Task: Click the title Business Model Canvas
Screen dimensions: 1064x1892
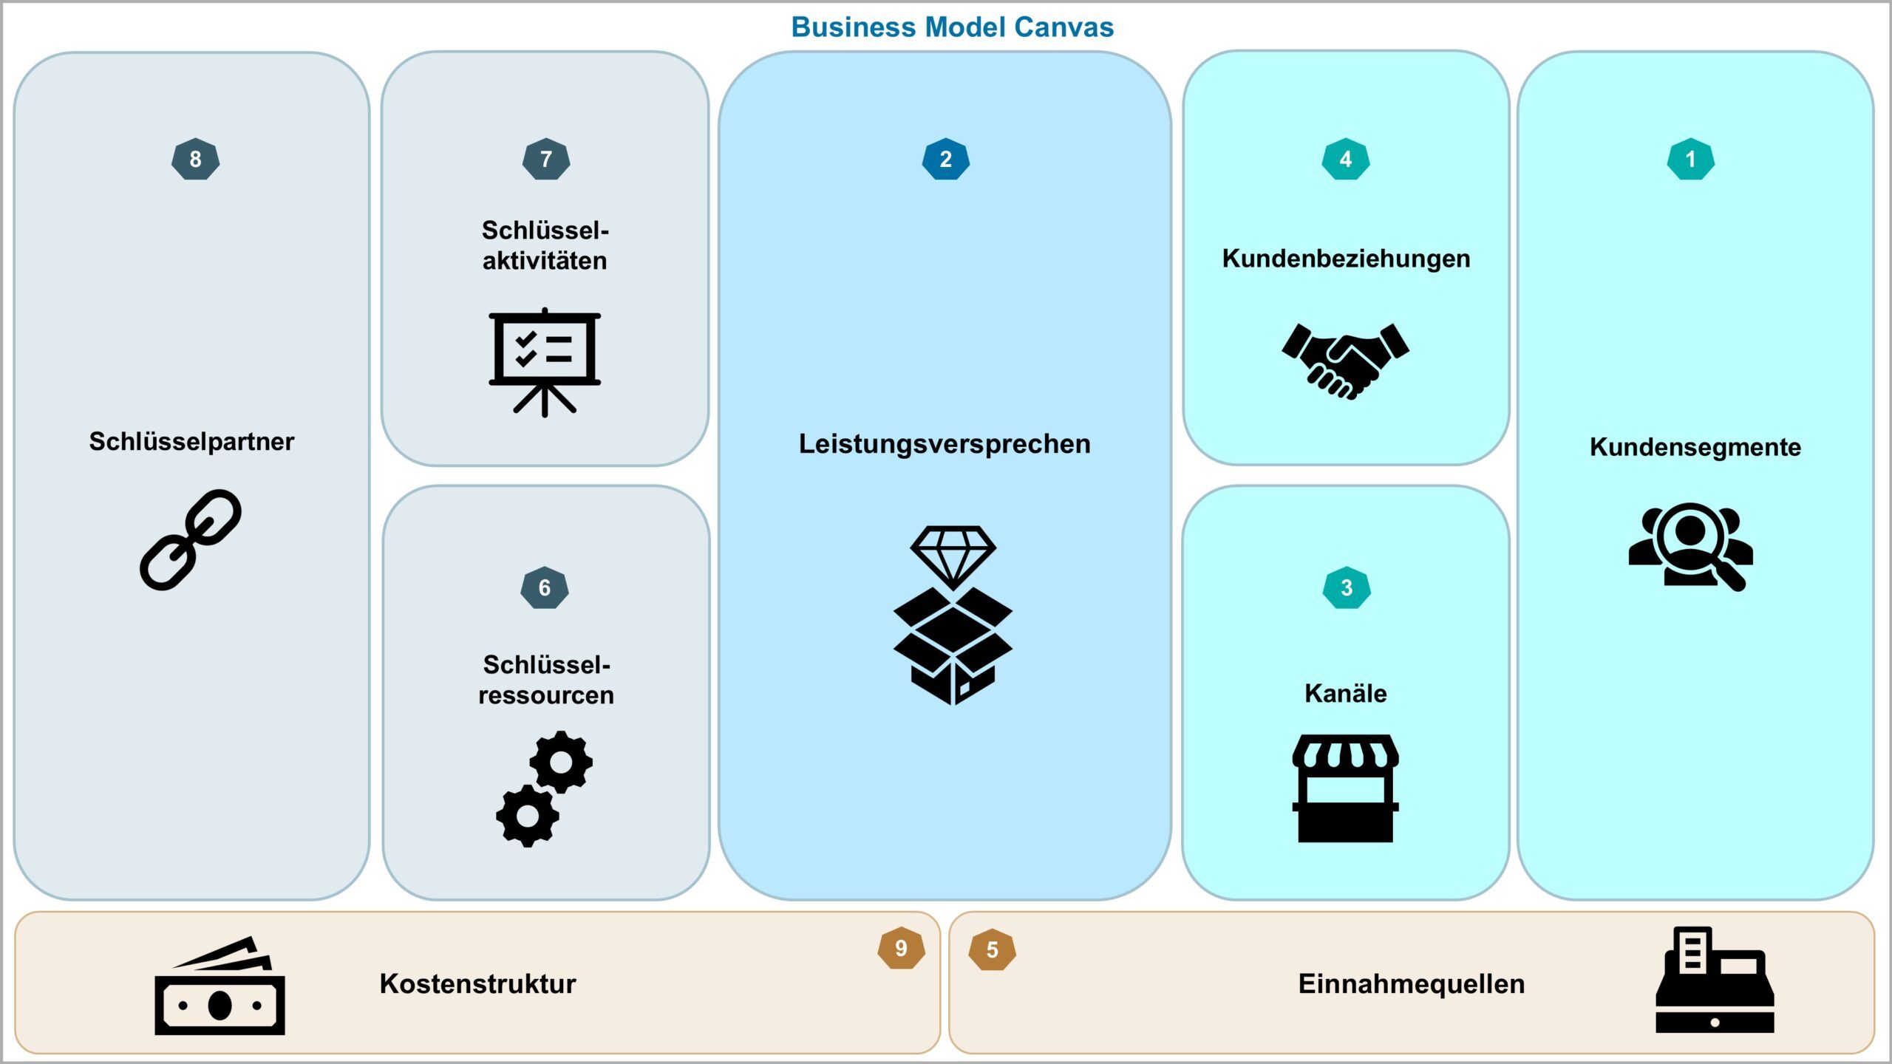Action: click(952, 27)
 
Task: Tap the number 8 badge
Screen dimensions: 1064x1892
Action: click(195, 159)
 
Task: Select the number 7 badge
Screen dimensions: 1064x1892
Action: click(546, 159)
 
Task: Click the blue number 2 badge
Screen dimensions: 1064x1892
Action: click(945, 159)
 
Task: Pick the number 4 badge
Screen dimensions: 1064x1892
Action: click(1345, 159)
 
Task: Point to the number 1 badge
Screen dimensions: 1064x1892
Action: click(1690, 159)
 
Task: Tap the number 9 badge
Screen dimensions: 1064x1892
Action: click(901, 948)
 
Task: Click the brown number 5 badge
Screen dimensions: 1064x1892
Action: click(992, 949)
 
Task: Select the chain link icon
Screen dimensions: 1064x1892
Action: click(191, 539)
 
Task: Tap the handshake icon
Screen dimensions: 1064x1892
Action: click(1345, 361)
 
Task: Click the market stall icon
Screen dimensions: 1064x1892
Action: click(1345, 788)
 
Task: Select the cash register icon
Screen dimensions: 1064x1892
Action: click(1715, 981)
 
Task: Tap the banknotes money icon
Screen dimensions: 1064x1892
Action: click(220, 988)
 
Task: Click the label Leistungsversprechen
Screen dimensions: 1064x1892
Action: click(945, 444)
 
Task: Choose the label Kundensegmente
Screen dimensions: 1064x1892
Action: click(1695, 447)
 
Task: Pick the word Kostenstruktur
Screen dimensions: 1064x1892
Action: click(477, 983)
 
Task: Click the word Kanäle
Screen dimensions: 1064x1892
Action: click(1345, 693)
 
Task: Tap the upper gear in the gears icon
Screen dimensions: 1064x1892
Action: click(561, 762)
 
